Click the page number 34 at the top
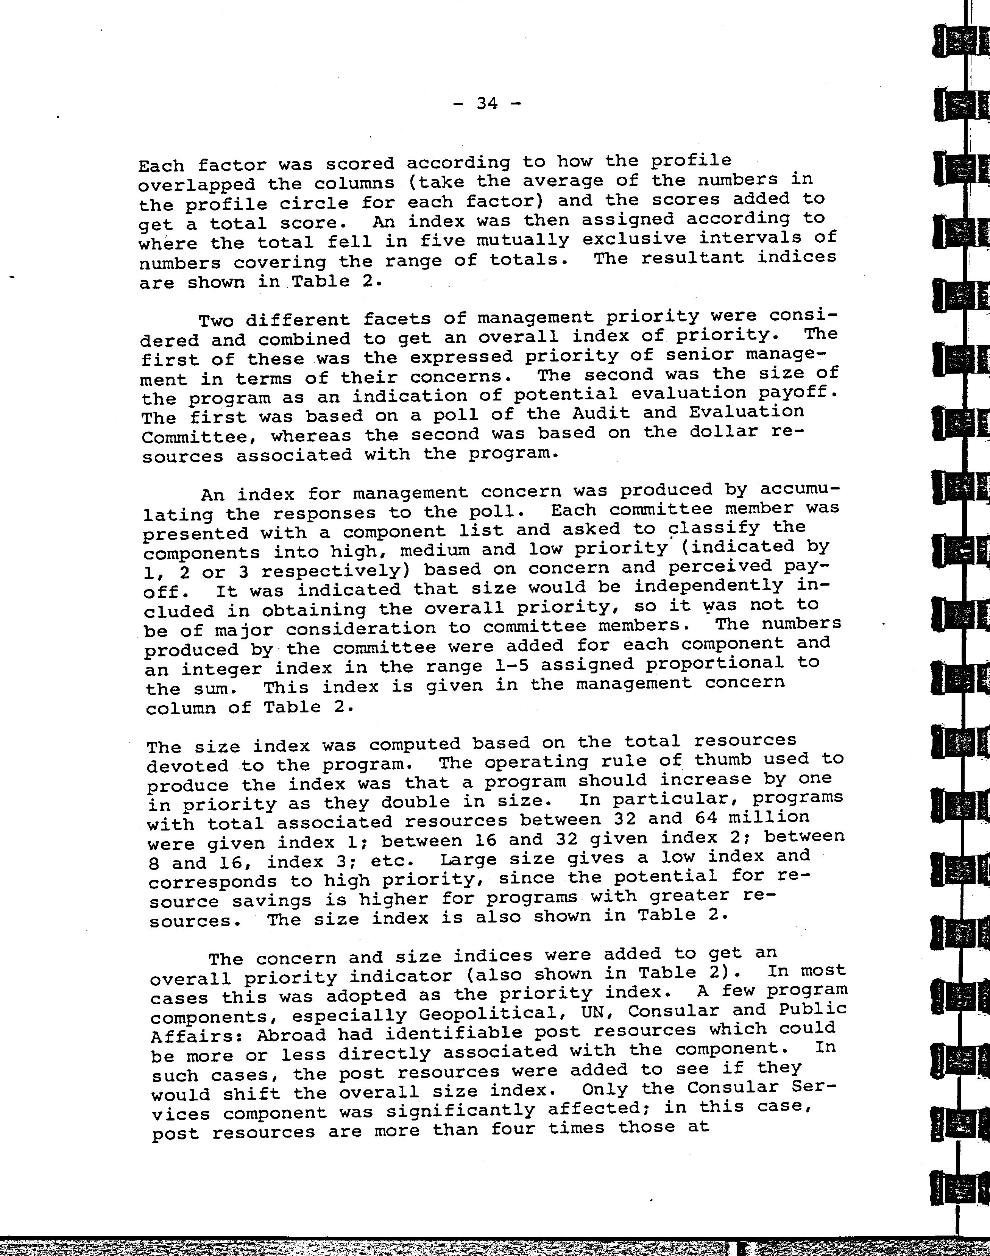click(487, 103)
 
